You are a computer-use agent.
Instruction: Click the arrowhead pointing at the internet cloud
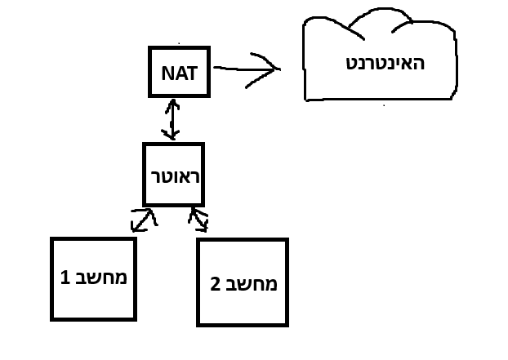pos(271,68)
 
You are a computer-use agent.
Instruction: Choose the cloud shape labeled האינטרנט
pos(380,61)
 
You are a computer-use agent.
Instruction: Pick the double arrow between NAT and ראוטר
pos(171,118)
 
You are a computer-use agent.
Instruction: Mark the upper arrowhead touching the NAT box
pos(171,104)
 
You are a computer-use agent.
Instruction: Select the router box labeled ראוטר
pos(172,175)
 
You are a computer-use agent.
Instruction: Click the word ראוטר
pos(172,176)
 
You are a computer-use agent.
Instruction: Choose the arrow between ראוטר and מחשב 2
pos(198,218)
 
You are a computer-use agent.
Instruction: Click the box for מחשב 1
pos(92,278)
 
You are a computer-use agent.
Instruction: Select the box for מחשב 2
pos(243,282)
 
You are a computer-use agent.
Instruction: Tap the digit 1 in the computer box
pos(65,278)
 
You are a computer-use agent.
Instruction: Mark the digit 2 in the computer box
pos(216,284)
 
